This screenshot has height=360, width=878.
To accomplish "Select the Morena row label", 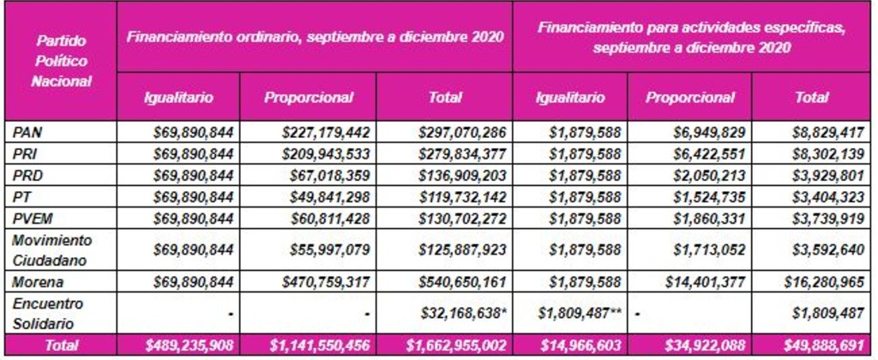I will pos(32,282).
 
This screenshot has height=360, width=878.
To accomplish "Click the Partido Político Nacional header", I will pos(61,61).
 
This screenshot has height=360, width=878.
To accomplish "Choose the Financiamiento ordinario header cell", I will pos(315,36).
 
